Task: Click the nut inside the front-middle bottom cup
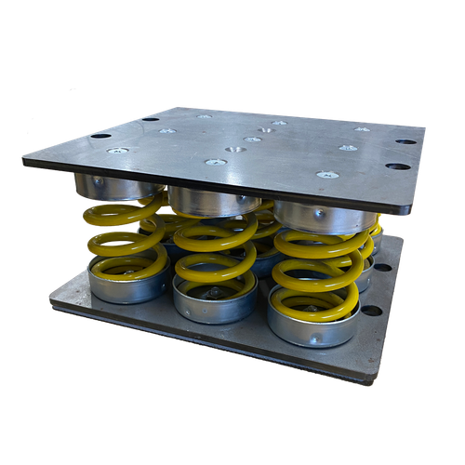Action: pyautogui.click(x=215, y=292)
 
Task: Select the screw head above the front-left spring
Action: pyautogui.click(x=116, y=151)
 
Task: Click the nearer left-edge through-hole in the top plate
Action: pyautogui.click(x=100, y=136)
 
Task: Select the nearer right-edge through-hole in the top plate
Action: pyautogui.click(x=398, y=167)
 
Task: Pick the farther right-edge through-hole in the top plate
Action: pyautogui.click(x=405, y=142)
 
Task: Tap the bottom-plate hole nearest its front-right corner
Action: pyautogui.click(x=372, y=310)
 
